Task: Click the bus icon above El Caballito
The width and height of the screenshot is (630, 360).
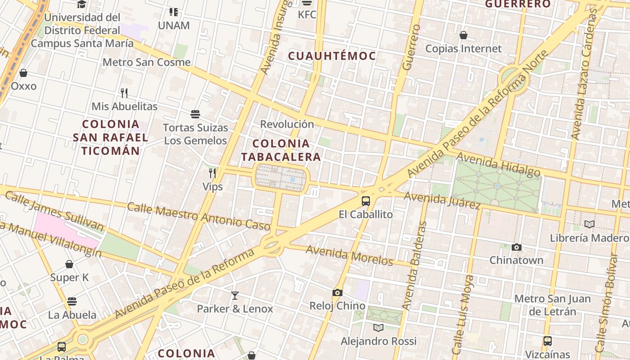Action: coord(366,201)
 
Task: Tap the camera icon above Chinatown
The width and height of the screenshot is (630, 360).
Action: coord(517,247)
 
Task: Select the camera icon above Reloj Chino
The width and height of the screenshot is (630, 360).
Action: coord(337,293)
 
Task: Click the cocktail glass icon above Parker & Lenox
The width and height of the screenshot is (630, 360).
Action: coord(234,296)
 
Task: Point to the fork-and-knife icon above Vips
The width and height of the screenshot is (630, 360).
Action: coord(212,173)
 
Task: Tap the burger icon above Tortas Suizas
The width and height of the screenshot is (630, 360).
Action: coord(195,114)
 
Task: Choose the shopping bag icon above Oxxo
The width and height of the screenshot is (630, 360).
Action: coord(23,73)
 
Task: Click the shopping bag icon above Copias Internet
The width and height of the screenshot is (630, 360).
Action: coord(463,35)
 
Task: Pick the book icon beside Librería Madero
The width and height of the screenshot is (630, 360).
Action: coord(589,224)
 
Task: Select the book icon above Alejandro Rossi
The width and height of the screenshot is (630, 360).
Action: coord(378,328)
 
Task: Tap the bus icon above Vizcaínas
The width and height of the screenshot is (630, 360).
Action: coord(547,341)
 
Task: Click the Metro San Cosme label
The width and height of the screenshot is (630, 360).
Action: coord(147,62)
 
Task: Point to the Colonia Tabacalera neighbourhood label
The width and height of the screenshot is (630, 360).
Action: coord(281,150)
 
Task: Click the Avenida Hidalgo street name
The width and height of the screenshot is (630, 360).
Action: coord(498,164)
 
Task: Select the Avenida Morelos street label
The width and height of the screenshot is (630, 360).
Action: coord(350,255)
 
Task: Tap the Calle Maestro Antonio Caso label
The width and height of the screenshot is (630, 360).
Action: coord(198,216)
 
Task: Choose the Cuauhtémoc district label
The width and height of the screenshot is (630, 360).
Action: coord(332,56)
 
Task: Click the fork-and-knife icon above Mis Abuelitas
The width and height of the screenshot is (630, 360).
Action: coord(124,93)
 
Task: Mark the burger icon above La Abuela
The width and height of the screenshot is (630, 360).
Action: coord(72,301)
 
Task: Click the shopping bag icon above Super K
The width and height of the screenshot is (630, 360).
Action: coord(69,264)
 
